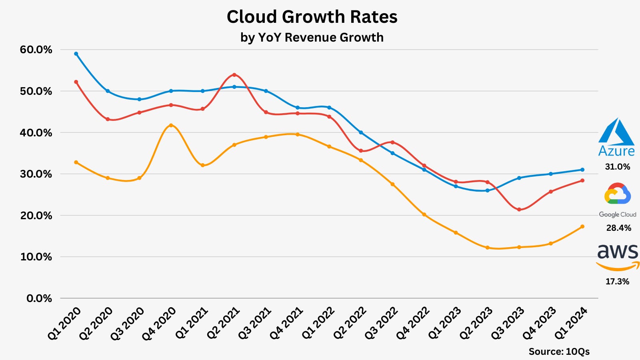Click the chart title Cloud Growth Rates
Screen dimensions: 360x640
312,17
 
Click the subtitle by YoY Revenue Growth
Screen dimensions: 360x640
312,37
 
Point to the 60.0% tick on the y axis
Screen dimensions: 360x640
36,50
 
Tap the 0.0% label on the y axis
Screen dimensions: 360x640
39,298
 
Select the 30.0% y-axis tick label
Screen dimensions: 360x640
36,174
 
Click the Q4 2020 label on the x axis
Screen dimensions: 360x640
160,324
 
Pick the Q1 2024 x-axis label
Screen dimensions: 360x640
571,324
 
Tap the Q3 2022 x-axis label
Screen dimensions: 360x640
381,324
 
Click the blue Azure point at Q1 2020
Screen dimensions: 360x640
76,54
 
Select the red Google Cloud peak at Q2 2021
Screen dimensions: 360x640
234,75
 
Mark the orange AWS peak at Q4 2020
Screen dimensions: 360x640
171,125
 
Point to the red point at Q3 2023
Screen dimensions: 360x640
519,209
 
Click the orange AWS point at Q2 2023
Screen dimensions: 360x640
487,248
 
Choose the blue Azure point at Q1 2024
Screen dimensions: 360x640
582,170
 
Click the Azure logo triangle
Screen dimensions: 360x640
616,132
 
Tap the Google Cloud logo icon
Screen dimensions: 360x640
618,194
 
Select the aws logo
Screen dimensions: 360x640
618,256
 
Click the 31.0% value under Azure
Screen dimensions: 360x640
617,167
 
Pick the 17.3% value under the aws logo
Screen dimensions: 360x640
617,282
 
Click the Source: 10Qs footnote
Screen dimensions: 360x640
559,352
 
